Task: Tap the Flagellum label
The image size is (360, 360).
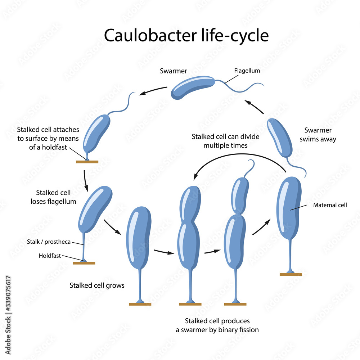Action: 247,71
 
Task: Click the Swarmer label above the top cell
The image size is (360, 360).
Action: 173,71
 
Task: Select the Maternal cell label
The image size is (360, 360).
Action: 330,205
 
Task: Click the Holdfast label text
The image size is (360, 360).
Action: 50,256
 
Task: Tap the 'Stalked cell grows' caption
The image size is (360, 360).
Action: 97,285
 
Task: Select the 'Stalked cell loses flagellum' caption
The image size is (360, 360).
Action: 53,197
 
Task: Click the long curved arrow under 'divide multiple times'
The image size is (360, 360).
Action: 238,157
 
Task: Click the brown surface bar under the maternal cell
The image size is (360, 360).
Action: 291,274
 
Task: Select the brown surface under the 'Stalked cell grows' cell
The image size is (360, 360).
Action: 140,304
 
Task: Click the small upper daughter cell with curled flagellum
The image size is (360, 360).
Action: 240,195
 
